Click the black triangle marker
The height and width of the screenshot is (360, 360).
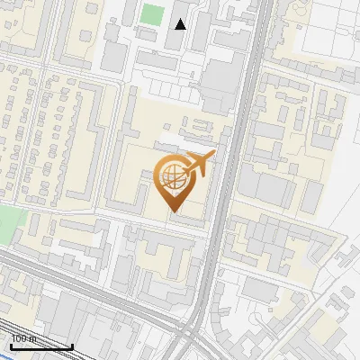click(181, 24)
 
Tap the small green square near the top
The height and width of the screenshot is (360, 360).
click(152, 15)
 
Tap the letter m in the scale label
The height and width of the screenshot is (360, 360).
click(33, 338)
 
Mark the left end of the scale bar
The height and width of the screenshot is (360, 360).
click(11, 346)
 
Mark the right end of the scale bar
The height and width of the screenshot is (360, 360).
click(72, 346)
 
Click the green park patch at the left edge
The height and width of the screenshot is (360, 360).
click(7, 221)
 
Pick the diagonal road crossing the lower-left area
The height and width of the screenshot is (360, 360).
click(72, 279)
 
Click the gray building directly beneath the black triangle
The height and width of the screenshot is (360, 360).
click(179, 40)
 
